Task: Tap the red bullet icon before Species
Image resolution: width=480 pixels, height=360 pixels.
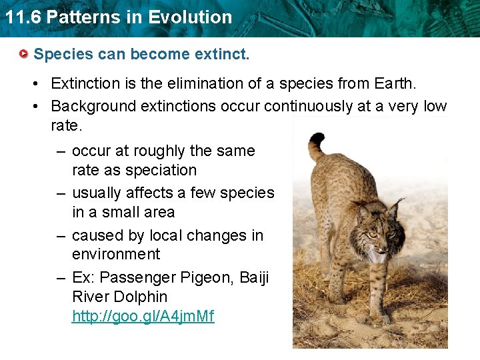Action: click(25, 53)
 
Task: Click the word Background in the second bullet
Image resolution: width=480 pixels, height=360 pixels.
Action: click(90, 106)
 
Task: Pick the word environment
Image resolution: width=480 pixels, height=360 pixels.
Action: click(116, 254)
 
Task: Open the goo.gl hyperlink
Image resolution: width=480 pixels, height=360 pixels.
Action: click(143, 316)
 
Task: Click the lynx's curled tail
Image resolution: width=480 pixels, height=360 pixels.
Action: click(317, 143)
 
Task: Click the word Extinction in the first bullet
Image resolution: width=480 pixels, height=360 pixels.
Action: click(86, 84)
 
